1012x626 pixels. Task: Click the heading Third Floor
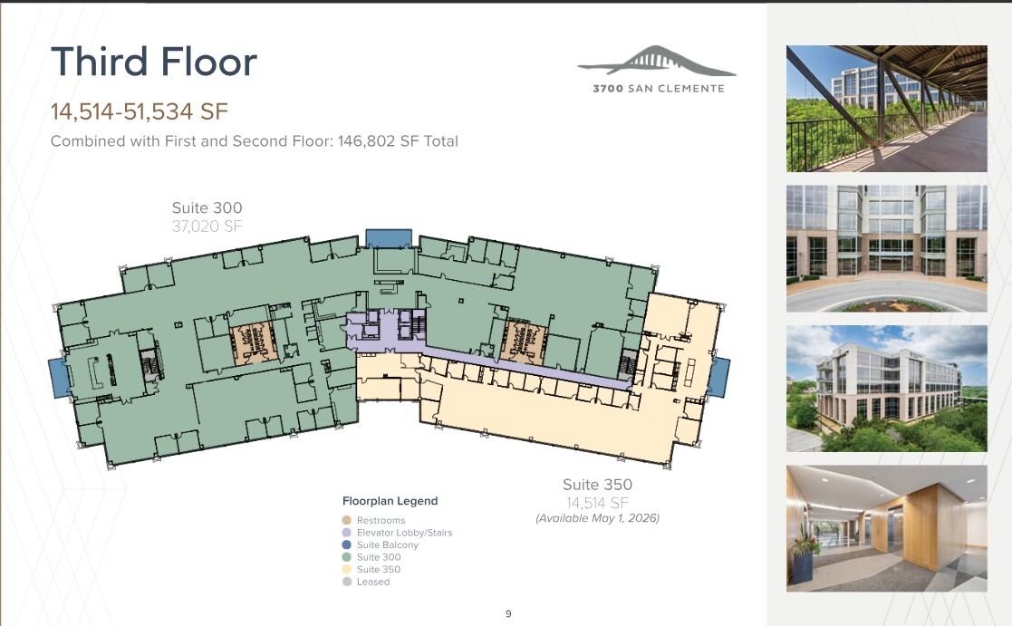click(154, 63)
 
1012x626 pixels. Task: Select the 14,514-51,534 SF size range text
click(139, 112)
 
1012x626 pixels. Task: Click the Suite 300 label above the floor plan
click(207, 208)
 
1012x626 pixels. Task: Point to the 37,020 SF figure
click(207, 226)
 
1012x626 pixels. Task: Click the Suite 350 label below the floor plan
click(597, 485)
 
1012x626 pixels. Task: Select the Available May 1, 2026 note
click(597, 518)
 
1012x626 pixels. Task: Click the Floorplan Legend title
click(390, 501)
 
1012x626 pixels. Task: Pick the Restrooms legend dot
click(346, 521)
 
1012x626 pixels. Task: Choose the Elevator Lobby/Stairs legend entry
click(404, 533)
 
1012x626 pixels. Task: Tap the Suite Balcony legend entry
click(387, 545)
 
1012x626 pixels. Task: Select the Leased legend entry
click(372, 582)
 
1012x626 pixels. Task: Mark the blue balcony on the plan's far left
click(56, 376)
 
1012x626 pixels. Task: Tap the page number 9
click(508, 613)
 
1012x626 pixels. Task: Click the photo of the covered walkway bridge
click(886, 109)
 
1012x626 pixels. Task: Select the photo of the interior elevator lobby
click(886, 528)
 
